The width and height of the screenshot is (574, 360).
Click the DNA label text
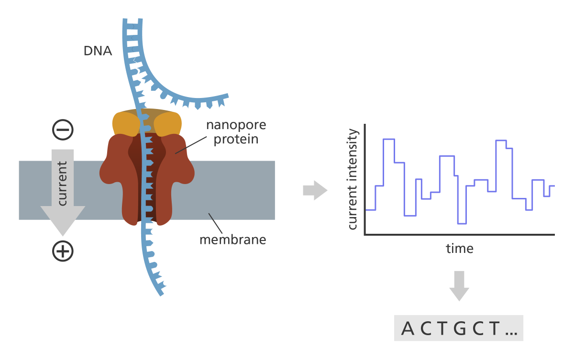(98, 51)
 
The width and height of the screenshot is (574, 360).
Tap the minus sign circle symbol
(63, 129)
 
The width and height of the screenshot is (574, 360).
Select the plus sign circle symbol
(63, 251)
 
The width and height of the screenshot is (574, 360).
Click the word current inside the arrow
(62, 184)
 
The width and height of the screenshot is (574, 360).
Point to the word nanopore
(236, 125)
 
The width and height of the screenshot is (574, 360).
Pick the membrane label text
(232, 239)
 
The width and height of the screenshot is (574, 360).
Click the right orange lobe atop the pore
(167, 124)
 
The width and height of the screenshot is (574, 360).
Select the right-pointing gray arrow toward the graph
(315, 191)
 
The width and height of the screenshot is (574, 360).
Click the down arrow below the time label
(459, 285)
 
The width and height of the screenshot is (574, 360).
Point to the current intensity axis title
(353, 179)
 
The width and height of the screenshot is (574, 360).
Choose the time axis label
(460, 249)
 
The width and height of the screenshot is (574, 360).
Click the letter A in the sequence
(408, 328)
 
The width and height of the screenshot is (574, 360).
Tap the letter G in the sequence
(459, 328)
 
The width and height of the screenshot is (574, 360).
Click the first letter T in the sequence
(442, 328)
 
